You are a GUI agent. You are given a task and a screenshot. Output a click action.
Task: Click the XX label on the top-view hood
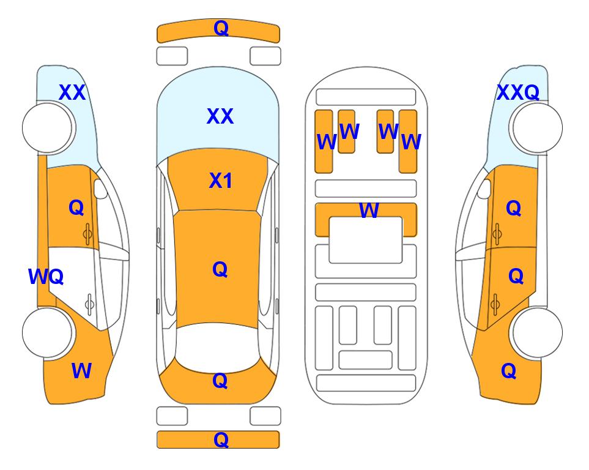[x=220, y=116]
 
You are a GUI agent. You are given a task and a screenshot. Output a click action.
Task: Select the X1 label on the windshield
[x=221, y=181]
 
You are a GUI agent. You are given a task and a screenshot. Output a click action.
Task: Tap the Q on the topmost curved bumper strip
[x=221, y=28]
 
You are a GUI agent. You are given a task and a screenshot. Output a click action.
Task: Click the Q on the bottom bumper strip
[x=221, y=439]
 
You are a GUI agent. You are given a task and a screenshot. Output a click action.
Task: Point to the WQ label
[x=46, y=277]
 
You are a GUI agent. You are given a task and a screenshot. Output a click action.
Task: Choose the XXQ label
[x=518, y=92]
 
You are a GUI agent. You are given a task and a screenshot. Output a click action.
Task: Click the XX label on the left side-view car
[x=72, y=92]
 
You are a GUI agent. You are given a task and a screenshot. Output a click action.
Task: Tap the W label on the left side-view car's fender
[x=81, y=371]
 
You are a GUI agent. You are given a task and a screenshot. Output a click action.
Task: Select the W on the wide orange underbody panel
[x=369, y=210]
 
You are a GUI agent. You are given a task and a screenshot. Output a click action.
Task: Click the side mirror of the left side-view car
[x=100, y=188]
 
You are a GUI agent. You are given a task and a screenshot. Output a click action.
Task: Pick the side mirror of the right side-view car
[x=484, y=188]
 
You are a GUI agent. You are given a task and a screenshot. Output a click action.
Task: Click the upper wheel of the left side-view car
[x=48, y=127]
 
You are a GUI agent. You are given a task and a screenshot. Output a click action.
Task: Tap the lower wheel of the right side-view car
[x=536, y=333]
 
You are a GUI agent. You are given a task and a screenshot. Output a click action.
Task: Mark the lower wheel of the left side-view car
[x=48, y=333]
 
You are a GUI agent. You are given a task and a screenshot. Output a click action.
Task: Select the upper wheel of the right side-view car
[x=536, y=127]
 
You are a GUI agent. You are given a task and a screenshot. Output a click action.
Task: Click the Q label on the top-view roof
[x=220, y=269]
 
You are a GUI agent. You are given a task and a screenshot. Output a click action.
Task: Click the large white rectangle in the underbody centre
[x=366, y=240]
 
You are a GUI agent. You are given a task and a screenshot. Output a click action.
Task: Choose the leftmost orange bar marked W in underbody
[x=324, y=141]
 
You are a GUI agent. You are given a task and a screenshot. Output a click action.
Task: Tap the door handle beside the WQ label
[x=89, y=304]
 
